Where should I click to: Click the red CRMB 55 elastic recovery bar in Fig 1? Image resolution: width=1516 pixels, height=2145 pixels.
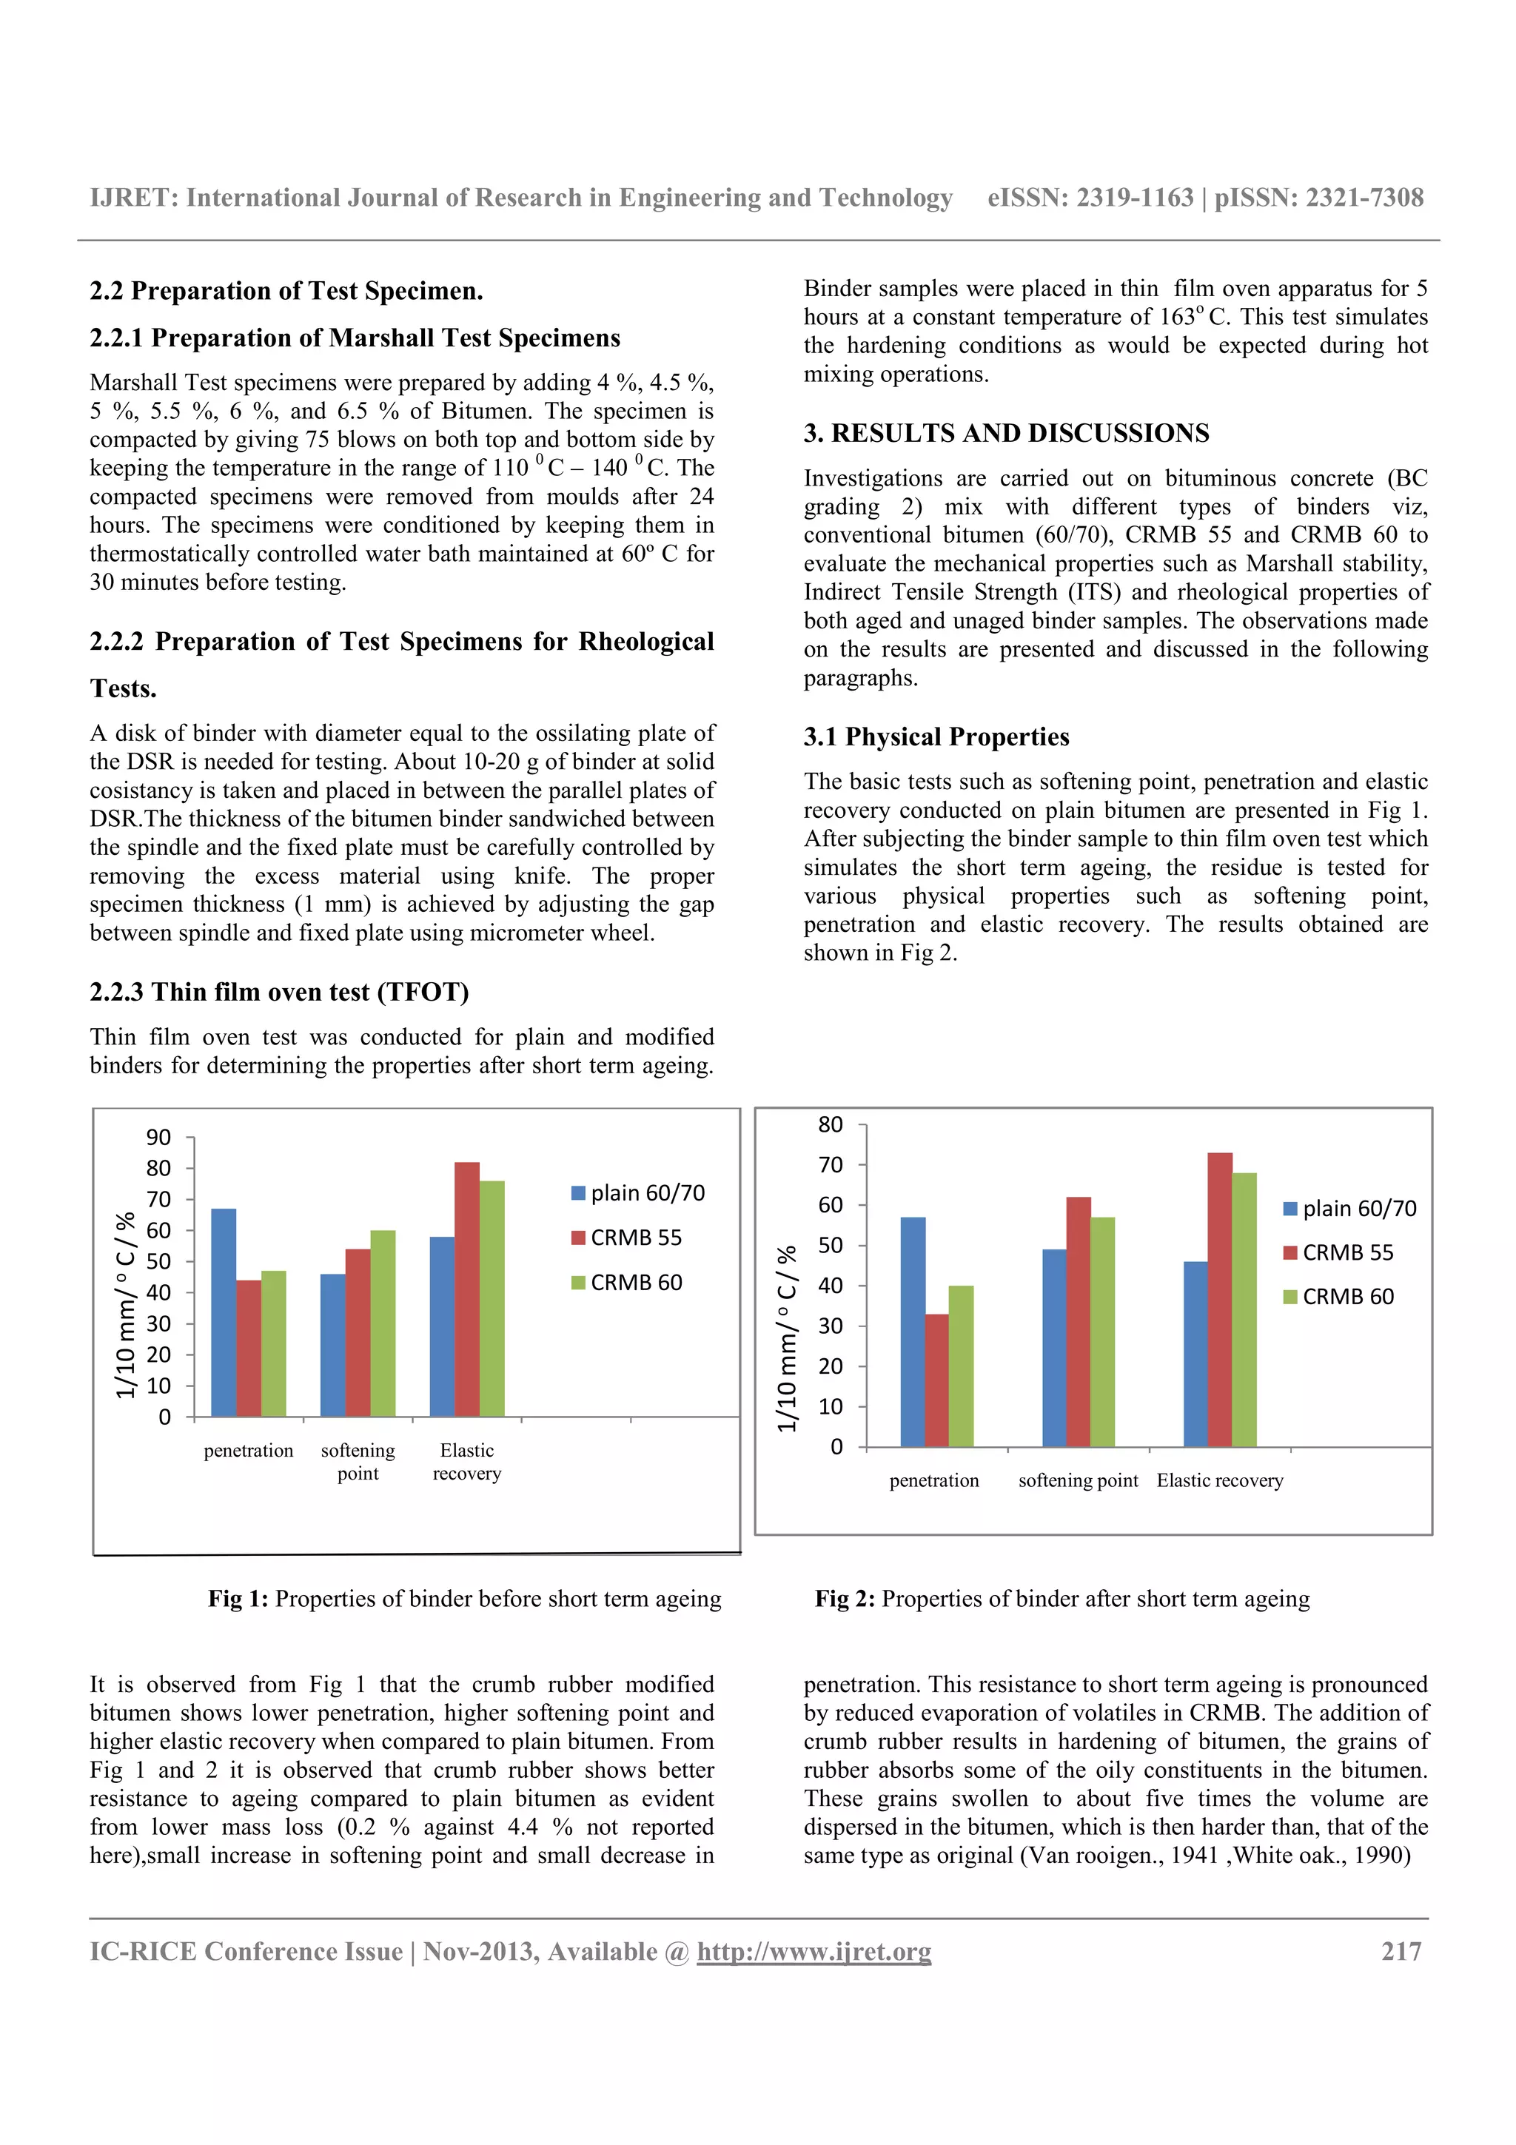(466, 1289)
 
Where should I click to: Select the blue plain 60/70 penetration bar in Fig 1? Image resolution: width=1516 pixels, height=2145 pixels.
(224, 1312)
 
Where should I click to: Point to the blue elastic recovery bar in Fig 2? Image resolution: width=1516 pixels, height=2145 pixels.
(1195, 1354)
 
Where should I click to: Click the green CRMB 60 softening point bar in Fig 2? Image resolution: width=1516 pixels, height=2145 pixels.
(1102, 1332)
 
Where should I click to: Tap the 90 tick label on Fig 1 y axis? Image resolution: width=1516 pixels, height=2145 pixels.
(159, 1137)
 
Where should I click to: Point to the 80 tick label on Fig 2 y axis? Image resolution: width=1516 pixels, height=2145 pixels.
(831, 1125)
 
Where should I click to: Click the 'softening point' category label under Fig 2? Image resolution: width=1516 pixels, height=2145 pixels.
(1078, 1481)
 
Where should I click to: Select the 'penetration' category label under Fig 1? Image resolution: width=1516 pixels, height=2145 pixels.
(249, 1451)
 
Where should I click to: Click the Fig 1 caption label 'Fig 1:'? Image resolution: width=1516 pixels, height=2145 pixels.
(238, 1599)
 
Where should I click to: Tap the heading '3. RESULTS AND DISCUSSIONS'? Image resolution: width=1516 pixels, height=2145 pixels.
(1006, 434)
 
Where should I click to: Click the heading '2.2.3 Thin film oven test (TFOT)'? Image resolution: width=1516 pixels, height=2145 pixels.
(279, 992)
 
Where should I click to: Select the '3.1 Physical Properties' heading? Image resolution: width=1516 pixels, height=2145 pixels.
(936, 737)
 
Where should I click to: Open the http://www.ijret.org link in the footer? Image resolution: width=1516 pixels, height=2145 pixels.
(814, 1952)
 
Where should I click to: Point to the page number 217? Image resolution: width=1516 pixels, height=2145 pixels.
(1401, 1952)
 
